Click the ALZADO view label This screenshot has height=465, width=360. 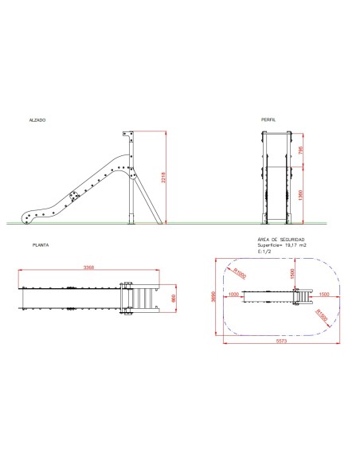point(37,120)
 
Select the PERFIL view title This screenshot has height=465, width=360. point(268,120)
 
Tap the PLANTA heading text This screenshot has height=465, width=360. point(40,245)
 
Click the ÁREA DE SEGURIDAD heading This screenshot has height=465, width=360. point(281,240)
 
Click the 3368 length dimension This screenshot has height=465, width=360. point(89,268)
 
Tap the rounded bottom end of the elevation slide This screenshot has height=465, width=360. point(29,214)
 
